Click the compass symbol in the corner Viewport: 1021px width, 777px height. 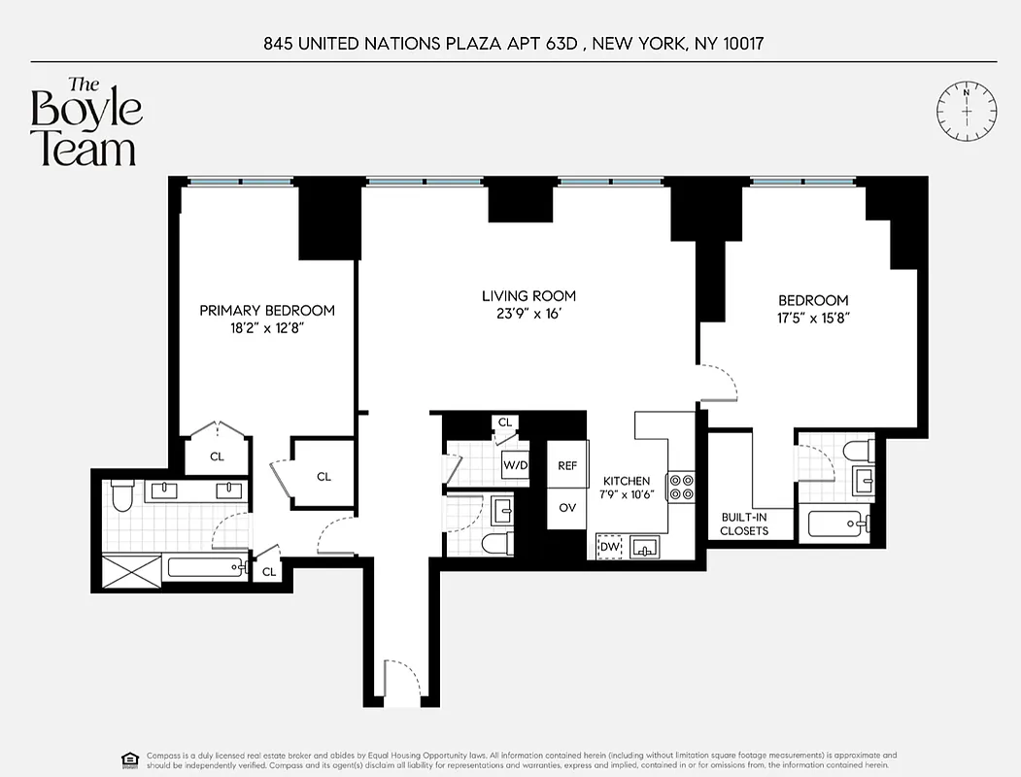click(x=967, y=110)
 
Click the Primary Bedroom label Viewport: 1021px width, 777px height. click(x=267, y=311)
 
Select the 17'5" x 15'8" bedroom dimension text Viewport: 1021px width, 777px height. click(x=813, y=318)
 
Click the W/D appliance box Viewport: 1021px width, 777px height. click(x=515, y=465)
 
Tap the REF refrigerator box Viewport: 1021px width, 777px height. click(x=567, y=466)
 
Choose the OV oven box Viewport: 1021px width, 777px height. click(x=567, y=507)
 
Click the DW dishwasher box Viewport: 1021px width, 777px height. click(x=609, y=548)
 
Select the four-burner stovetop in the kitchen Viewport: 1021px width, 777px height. click(x=681, y=487)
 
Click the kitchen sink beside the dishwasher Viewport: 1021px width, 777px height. click(x=644, y=548)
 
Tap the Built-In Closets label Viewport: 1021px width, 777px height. click(x=744, y=524)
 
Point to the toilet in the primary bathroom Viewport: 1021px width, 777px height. click(x=121, y=496)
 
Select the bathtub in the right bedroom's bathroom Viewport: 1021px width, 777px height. click(x=838, y=525)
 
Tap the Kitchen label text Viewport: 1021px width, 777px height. click(x=627, y=481)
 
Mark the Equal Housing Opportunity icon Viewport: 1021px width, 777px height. click(x=128, y=759)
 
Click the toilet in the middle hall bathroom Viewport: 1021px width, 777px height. click(x=496, y=543)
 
